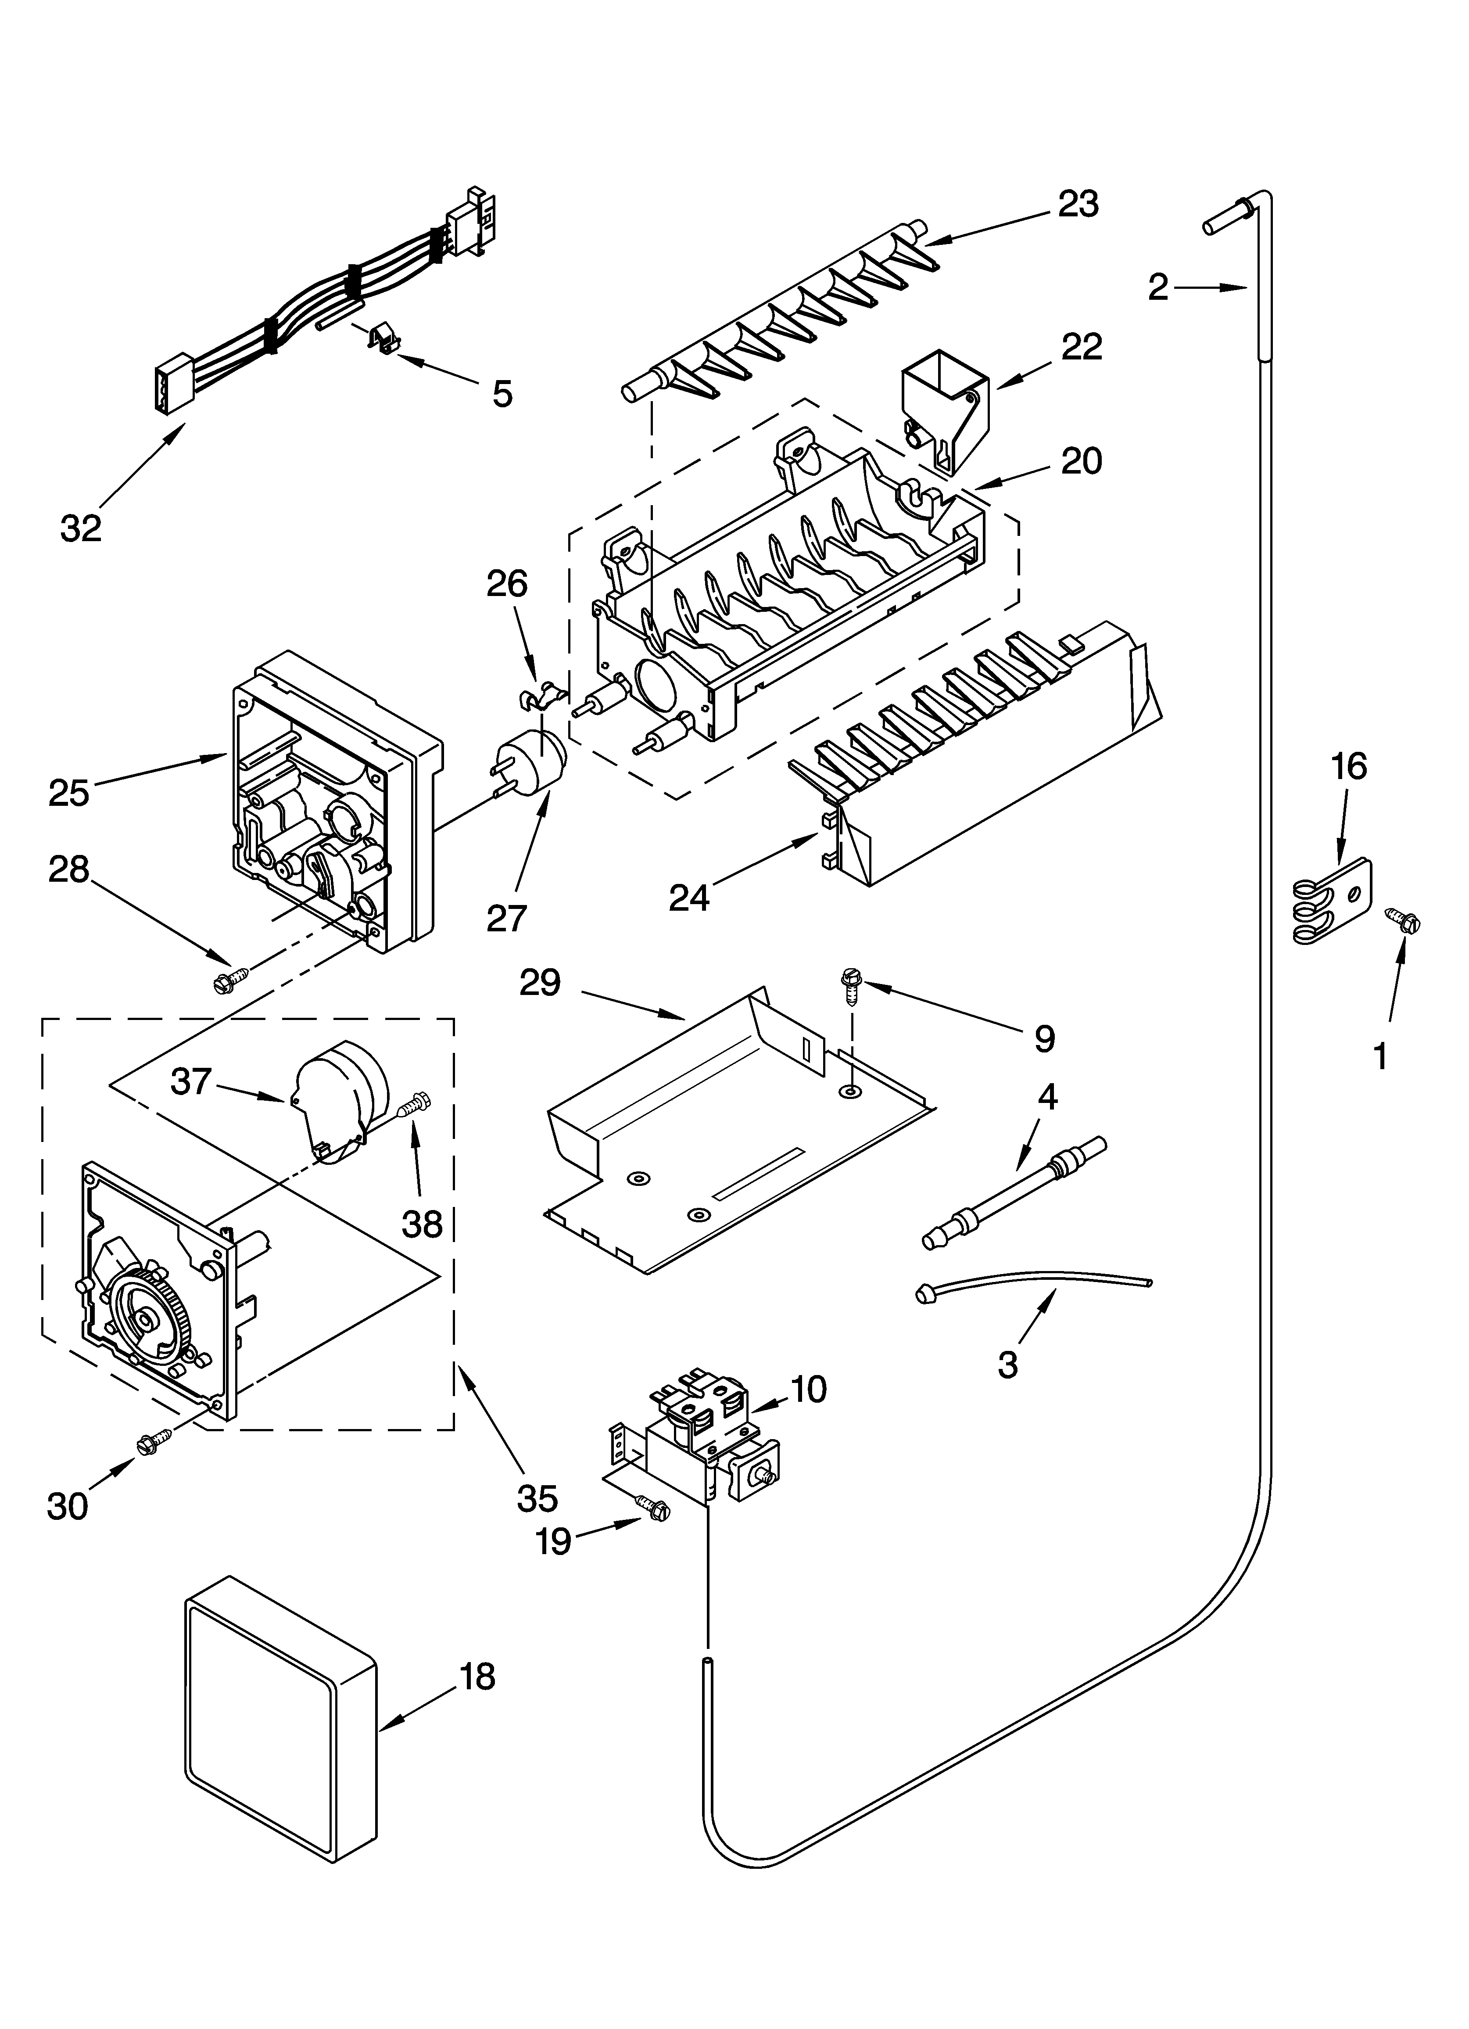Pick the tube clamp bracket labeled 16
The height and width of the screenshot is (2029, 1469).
[1333, 899]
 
